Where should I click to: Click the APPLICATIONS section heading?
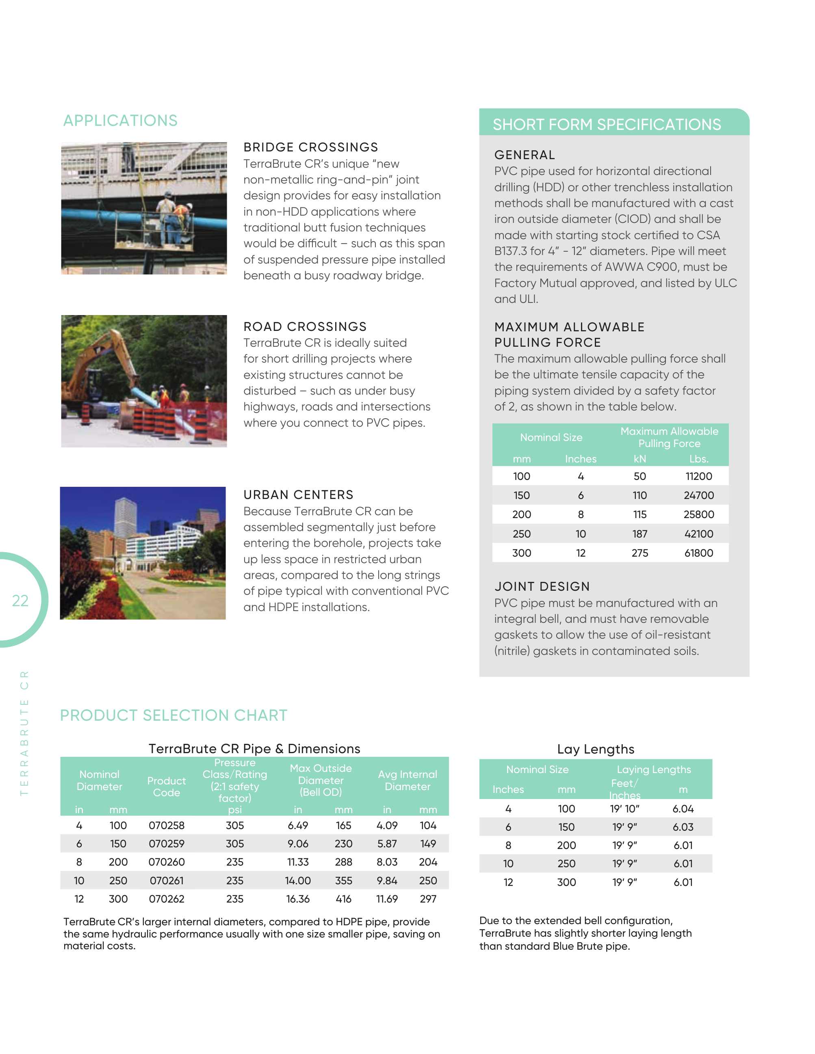point(120,120)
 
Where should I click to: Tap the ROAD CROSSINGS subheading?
point(305,326)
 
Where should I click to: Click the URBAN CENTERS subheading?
point(298,494)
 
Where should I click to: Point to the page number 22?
point(20,600)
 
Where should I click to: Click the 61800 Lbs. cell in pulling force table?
point(698,553)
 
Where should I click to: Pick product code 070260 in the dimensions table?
point(166,862)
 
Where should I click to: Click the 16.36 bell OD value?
point(297,898)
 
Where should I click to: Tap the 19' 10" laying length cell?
point(624,808)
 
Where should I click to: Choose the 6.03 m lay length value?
point(683,827)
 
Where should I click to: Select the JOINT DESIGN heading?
point(542,586)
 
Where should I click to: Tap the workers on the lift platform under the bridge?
point(174,215)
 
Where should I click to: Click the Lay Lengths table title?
point(595,749)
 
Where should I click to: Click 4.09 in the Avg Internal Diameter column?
point(386,825)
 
